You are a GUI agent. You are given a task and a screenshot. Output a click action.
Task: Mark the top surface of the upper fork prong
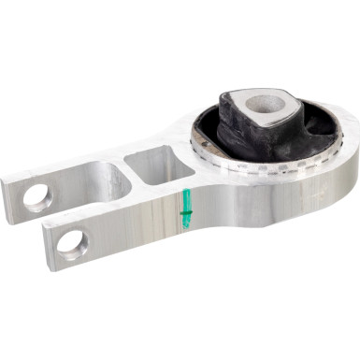[x=65, y=173]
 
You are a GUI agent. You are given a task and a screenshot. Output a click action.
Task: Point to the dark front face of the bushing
[x=234, y=140]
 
